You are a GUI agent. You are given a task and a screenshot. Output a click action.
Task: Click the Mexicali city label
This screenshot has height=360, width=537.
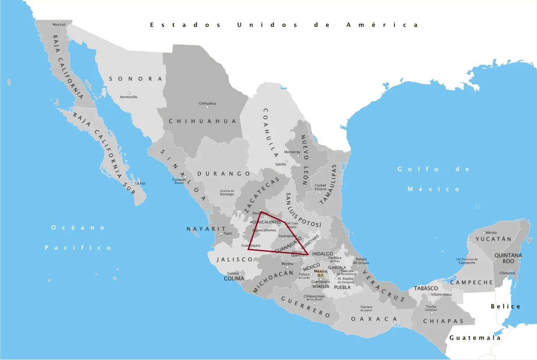pyautogui.click(x=59, y=25)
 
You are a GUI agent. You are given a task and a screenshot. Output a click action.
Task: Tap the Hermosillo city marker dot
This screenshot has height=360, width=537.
pyautogui.click(x=129, y=93)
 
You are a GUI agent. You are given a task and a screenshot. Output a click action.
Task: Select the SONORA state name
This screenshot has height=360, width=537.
pyautogui.click(x=136, y=79)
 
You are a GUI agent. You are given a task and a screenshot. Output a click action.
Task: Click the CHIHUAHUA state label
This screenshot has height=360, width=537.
pyautogui.click(x=203, y=121)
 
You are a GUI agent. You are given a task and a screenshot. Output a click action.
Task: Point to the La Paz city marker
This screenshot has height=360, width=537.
pyautogui.click(x=133, y=184)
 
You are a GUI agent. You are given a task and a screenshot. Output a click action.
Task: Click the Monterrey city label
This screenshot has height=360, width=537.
pyautogui.click(x=292, y=152)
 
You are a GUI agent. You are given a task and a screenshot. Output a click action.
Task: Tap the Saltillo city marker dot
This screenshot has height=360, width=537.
pyautogui.click(x=287, y=161)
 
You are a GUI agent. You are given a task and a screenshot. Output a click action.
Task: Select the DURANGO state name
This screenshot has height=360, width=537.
pyautogui.click(x=224, y=174)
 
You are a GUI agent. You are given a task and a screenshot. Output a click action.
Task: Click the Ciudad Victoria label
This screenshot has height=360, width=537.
pyautogui.click(x=320, y=187)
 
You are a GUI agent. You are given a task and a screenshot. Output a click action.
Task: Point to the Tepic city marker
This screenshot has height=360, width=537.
pyautogui.click(x=221, y=234)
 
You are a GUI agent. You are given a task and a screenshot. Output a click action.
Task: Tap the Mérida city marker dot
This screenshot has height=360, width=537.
pyautogui.click(x=484, y=232)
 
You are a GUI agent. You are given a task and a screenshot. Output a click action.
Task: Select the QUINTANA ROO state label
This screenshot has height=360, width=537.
pyautogui.click(x=508, y=258)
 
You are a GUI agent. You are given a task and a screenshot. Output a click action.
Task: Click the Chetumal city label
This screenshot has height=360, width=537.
pyautogui.click(x=507, y=273)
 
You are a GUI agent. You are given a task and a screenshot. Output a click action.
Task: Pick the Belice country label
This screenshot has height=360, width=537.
pyautogui.click(x=506, y=307)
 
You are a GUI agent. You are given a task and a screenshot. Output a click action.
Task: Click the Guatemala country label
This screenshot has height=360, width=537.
pyautogui.click(x=475, y=338)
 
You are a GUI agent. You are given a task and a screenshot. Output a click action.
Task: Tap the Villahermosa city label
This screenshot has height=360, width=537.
pyautogui.click(x=438, y=295)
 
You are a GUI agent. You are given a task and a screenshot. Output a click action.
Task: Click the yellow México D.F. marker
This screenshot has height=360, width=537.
pyautogui.click(x=321, y=273)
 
